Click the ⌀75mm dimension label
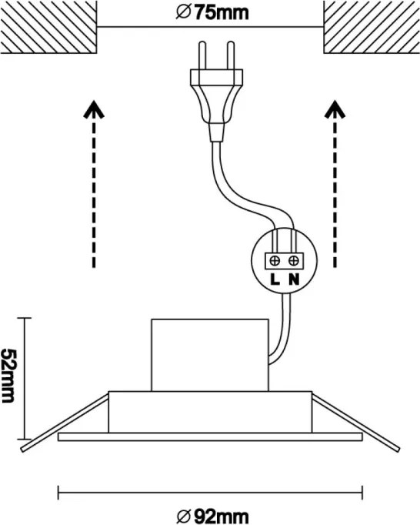(212, 13)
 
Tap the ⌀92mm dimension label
(212, 516)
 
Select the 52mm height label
(8, 376)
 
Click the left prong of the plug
(202, 55)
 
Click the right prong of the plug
(231, 55)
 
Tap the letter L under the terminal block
(275, 279)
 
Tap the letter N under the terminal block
(294, 279)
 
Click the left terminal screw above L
(275, 261)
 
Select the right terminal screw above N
(294, 261)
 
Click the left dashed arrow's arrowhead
(94, 109)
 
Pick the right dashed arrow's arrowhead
(335, 109)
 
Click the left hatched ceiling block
(48, 27)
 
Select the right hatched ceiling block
(372, 27)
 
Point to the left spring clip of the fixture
(65, 423)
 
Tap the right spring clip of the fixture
(355, 423)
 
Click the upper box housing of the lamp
(210, 355)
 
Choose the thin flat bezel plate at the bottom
(210, 437)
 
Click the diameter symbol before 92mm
(184, 516)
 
